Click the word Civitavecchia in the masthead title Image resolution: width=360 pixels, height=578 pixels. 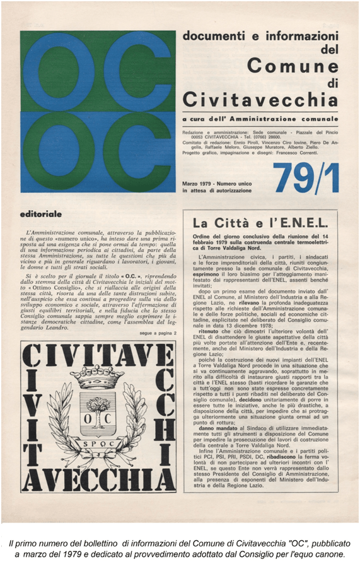[260, 100]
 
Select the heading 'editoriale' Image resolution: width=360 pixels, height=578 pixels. [41, 215]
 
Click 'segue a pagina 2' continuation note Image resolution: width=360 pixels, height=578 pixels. [156, 333]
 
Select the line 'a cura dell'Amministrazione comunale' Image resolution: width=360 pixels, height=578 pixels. [259, 119]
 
